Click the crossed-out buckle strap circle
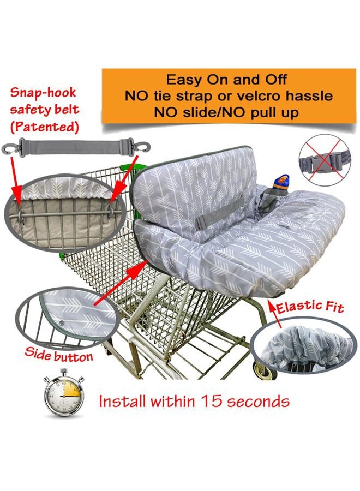click(x=325, y=160)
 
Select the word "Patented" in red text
click(x=44, y=127)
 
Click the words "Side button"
click(x=58, y=355)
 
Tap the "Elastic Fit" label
click(x=310, y=307)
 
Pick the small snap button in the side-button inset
click(x=61, y=323)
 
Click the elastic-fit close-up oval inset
click(x=304, y=345)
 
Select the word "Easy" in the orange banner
click(x=184, y=80)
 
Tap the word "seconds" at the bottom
click(x=258, y=401)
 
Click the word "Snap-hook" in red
click(x=43, y=92)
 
